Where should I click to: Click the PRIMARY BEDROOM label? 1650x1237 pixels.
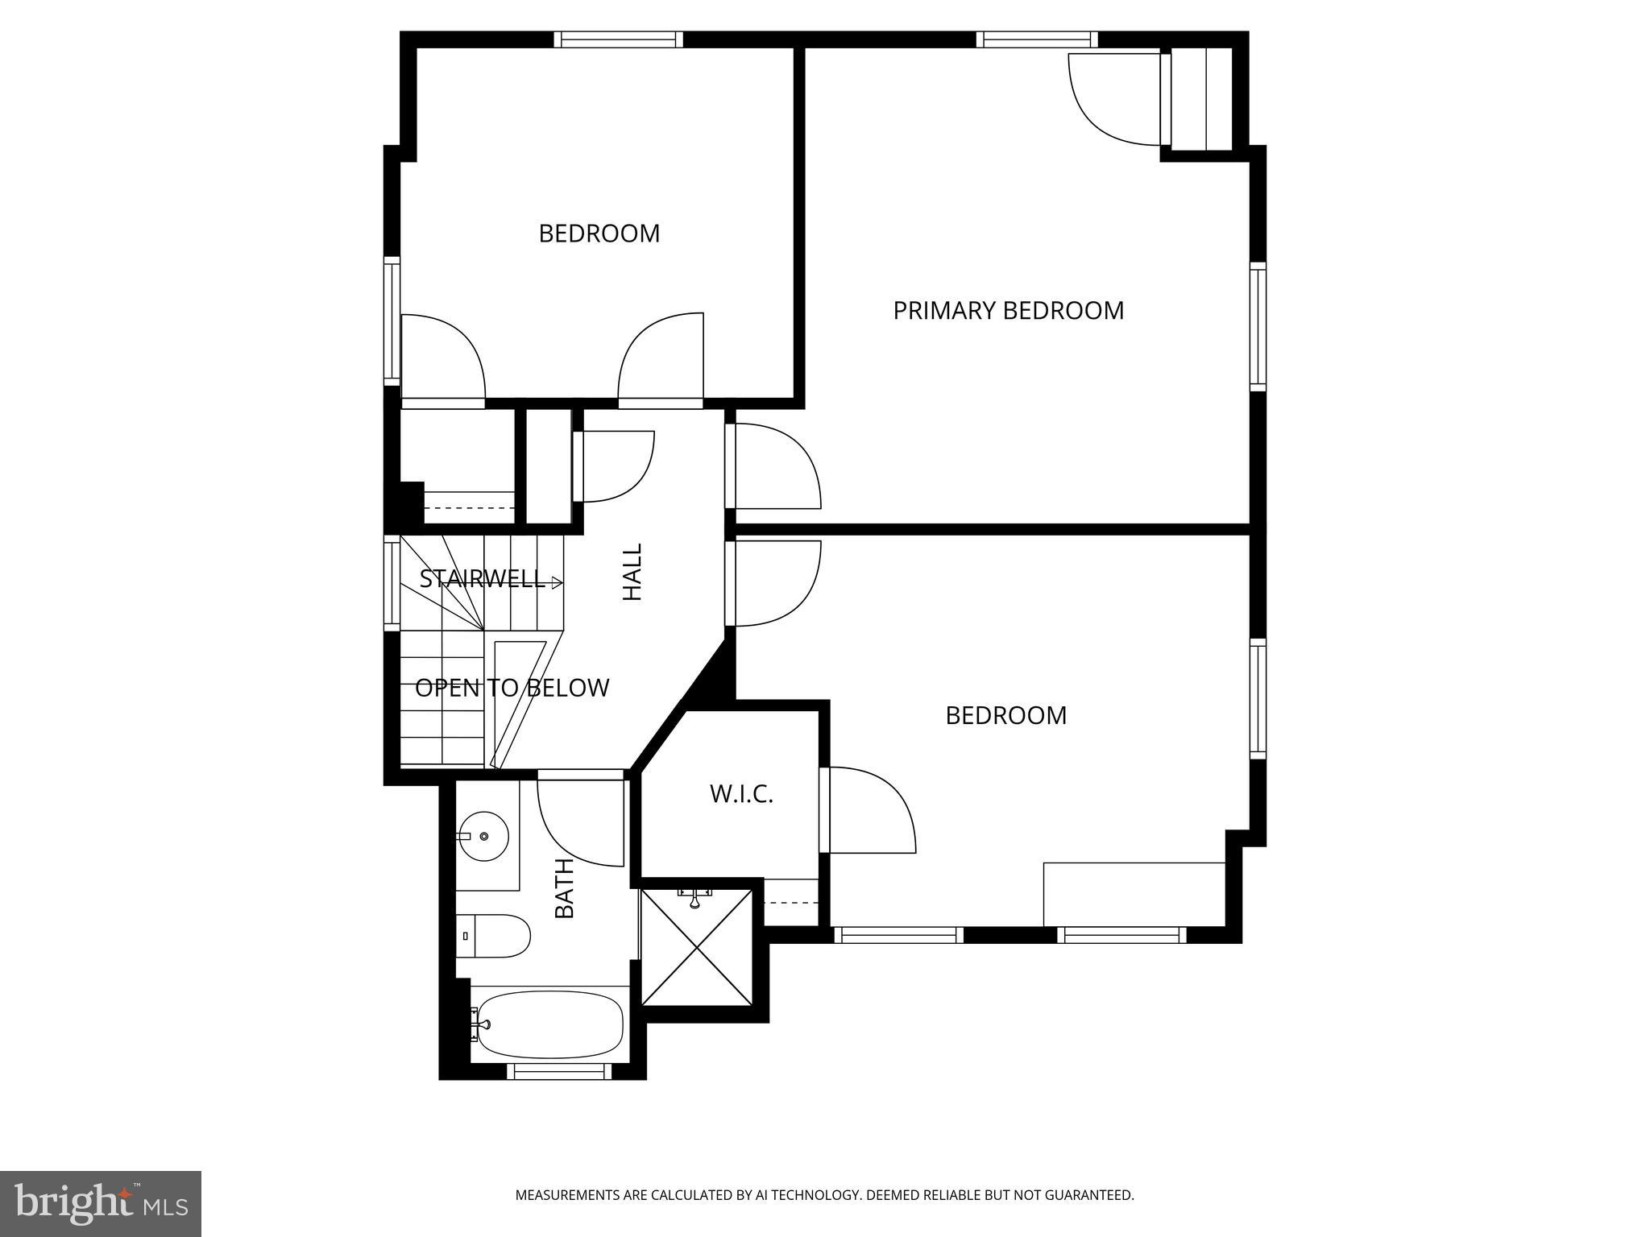[1008, 311]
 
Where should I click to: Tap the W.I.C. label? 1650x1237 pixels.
[741, 794]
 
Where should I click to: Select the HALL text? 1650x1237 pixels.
[633, 572]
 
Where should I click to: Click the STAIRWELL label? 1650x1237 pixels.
[482, 579]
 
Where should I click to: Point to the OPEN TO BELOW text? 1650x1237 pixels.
[512, 688]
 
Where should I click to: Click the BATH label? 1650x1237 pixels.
[565, 888]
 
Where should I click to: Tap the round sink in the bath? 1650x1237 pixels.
[483, 837]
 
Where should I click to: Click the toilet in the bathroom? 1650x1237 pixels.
[493, 936]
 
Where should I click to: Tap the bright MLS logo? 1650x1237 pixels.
[101, 1203]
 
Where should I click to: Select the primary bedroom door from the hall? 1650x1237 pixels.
[775, 466]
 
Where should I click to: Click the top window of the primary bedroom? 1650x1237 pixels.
[1037, 39]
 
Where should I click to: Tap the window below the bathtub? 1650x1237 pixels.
[559, 1071]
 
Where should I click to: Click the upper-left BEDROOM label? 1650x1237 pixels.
[599, 234]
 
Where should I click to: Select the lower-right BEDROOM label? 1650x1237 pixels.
[1005, 716]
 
